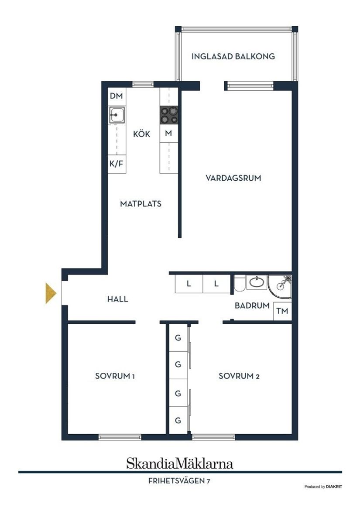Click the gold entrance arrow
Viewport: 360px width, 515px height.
pyautogui.click(x=51, y=293)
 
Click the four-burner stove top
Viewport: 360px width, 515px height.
pyautogui.click(x=169, y=115)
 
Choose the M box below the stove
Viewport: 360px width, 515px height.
pyautogui.click(x=168, y=134)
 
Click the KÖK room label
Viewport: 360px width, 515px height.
pyautogui.click(x=142, y=134)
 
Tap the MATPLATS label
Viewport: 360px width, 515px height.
pyautogui.click(x=141, y=203)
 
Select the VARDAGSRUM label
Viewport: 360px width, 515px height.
pyautogui.click(x=233, y=178)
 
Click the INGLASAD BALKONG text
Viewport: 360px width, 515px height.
pyautogui.click(x=233, y=56)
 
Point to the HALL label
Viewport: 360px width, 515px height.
pyautogui.click(x=118, y=299)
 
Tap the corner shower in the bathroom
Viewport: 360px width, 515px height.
pyautogui.click(x=280, y=285)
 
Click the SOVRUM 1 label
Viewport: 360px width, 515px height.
pyautogui.click(x=115, y=376)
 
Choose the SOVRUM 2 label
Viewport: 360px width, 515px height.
pyautogui.click(x=239, y=376)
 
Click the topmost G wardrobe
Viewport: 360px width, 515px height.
pyautogui.click(x=178, y=337)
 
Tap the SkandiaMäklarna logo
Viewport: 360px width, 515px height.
pyautogui.click(x=180, y=463)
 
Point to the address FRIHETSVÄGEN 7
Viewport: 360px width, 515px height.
pyautogui.click(x=180, y=481)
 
